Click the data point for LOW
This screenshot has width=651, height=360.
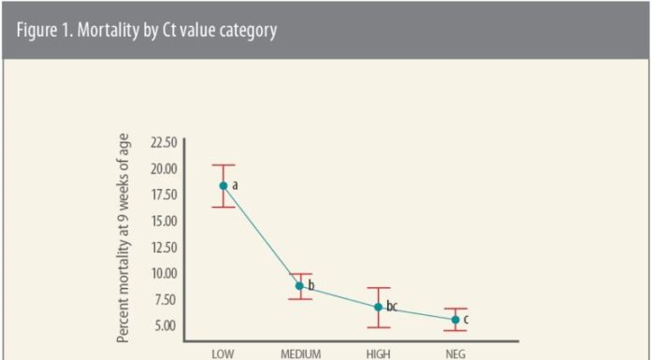click(223, 185)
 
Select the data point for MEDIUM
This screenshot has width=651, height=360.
click(300, 286)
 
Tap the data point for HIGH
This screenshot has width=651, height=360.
click(378, 307)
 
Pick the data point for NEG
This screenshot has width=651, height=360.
click(456, 320)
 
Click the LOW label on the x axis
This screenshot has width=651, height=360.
click(223, 354)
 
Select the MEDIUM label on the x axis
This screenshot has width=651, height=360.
click(300, 354)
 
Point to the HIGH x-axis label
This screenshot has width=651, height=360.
click(378, 354)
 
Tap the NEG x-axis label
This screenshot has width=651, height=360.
click(456, 354)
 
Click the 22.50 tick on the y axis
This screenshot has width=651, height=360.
click(162, 142)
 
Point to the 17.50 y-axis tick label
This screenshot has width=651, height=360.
click(162, 194)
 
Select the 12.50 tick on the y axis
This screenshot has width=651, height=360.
click(162, 247)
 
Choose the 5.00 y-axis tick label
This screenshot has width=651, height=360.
click(165, 325)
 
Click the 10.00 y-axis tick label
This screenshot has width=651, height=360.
click(162, 273)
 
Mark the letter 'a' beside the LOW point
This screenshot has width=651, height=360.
click(235, 185)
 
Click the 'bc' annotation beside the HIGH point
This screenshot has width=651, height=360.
click(392, 306)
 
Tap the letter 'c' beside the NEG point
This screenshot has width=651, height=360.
click(466, 320)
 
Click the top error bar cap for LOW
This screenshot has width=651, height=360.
click(223, 165)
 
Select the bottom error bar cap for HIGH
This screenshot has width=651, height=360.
click(378, 327)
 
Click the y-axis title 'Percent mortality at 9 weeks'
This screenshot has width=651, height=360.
click(123, 238)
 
